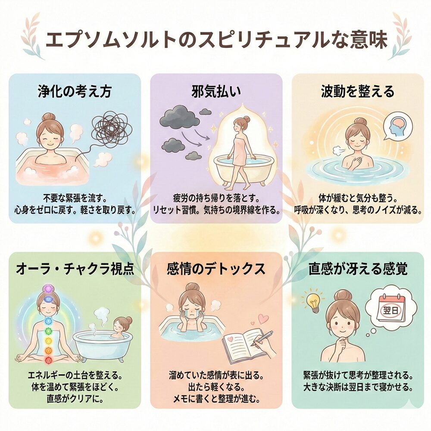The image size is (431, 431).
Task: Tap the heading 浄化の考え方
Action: (x=75, y=91)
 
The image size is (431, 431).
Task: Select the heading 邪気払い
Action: (x=216, y=91)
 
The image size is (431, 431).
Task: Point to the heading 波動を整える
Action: (x=358, y=91)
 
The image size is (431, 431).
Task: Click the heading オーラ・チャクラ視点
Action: (x=75, y=269)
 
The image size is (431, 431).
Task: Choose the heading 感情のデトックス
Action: (x=216, y=269)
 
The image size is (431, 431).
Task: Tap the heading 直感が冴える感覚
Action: (x=358, y=269)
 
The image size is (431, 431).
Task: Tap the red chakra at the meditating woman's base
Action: (x=48, y=359)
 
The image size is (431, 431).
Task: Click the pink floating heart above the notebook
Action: (x=264, y=319)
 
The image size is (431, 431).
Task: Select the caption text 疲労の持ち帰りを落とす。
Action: (x=216, y=198)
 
